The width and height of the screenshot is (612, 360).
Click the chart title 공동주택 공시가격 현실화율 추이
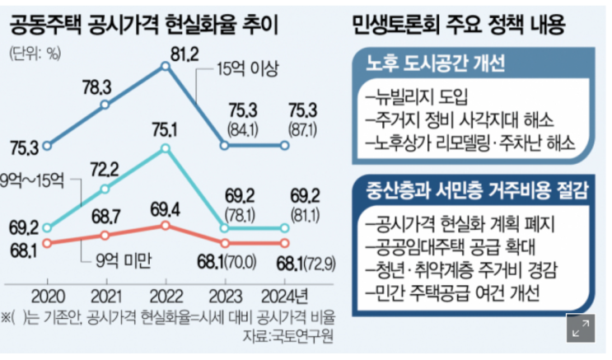[144, 25]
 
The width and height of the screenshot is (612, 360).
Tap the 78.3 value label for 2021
[105, 86]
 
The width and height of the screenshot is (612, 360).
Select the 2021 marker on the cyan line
[106, 189]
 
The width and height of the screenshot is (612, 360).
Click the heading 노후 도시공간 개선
[434, 64]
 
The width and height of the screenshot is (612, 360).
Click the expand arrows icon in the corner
[582, 329]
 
